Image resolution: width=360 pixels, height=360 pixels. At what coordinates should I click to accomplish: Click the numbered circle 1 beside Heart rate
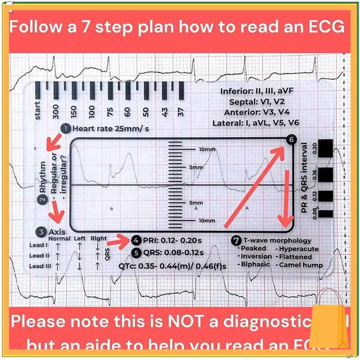[66, 129]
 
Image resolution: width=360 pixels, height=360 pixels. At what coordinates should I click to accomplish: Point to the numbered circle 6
[291, 140]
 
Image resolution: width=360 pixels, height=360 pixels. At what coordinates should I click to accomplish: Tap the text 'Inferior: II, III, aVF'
[260, 91]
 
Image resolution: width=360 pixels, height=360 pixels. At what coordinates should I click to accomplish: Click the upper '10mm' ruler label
[207, 149]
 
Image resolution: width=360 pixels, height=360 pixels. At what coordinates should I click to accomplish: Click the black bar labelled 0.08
[326, 214]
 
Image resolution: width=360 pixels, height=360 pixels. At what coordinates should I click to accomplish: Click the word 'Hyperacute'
[299, 248]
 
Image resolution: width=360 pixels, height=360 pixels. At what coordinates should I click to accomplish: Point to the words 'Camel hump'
[301, 265]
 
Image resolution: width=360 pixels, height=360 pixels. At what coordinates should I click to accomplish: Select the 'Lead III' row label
[39, 266]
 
